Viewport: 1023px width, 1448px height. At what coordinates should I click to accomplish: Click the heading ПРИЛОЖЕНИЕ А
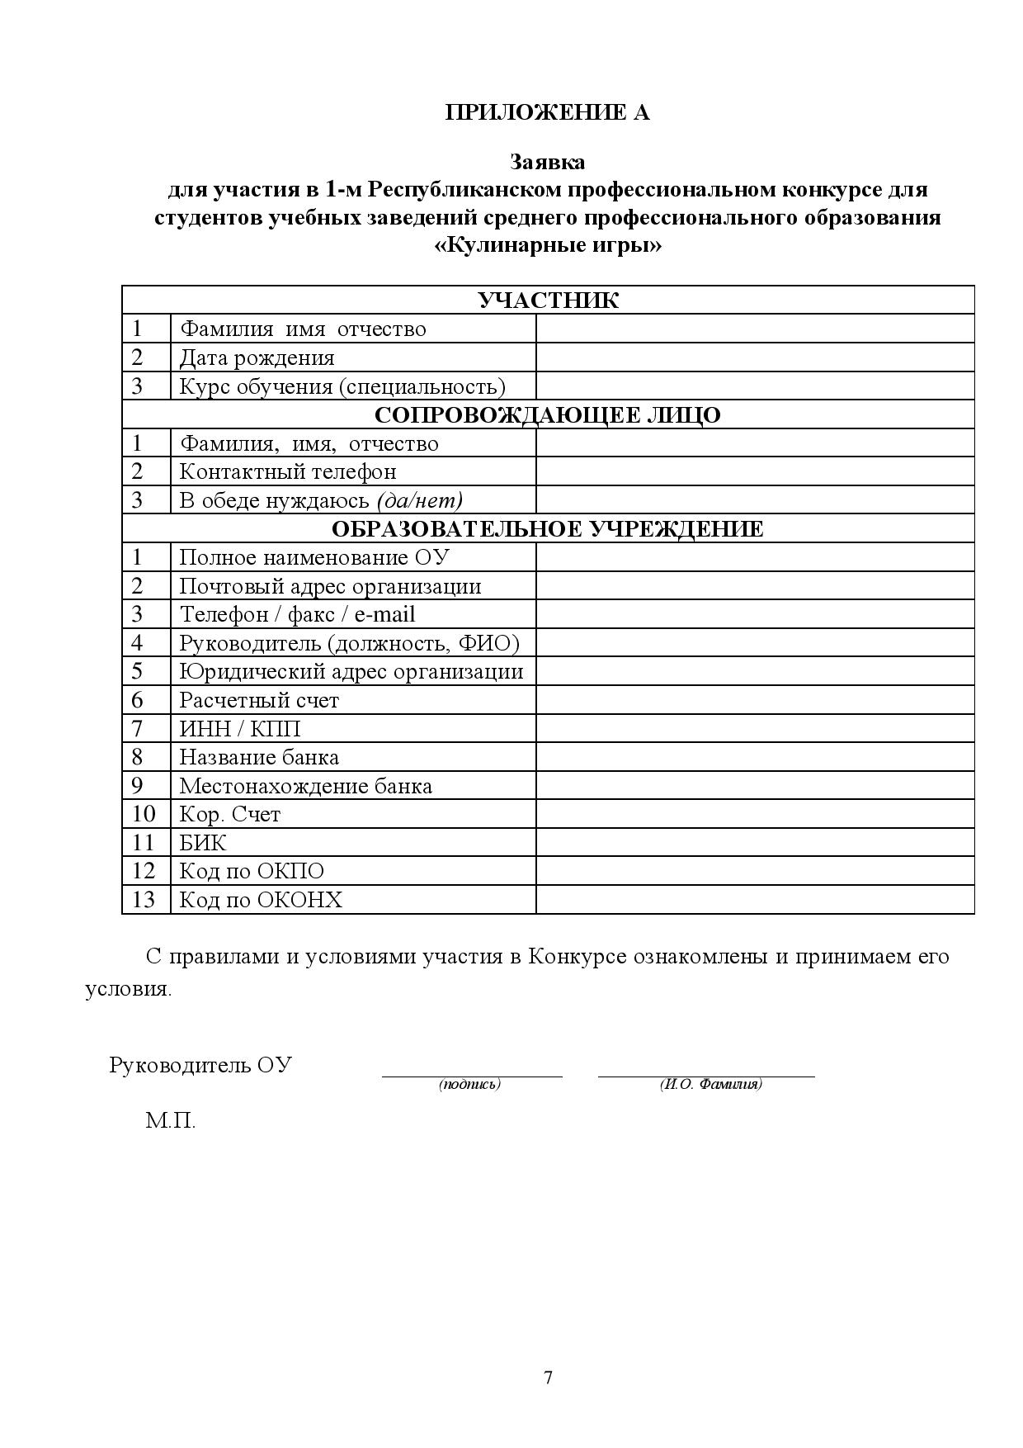point(547,112)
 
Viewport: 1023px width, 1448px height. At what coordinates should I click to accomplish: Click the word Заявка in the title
point(547,161)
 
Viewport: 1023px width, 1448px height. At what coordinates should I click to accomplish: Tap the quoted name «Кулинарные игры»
point(547,246)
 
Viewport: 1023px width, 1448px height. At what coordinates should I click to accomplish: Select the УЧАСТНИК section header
point(548,300)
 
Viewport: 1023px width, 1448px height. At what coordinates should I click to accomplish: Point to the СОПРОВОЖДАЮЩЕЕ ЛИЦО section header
point(548,414)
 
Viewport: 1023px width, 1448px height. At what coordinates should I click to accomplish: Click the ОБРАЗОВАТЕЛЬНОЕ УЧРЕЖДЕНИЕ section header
point(548,528)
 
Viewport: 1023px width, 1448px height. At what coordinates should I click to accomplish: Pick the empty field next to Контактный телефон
point(754,471)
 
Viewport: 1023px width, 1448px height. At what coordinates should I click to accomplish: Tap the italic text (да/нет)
point(419,500)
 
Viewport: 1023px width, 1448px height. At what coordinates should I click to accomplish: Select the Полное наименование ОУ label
point(314,557)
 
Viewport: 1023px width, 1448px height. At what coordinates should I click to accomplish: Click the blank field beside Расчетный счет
point(754,700)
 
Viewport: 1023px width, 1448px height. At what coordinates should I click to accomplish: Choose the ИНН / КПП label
point(240,729)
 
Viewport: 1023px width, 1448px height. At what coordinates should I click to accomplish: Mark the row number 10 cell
point(144,814)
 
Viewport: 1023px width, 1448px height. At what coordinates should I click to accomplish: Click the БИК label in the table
point(203,843)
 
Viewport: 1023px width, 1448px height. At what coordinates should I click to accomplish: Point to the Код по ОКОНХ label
point(261,900)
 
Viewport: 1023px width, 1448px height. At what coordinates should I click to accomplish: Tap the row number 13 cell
point(144,900)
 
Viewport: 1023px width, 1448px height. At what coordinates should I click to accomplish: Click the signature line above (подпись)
point(471,1075)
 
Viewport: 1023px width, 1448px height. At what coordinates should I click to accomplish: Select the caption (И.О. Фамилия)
point(710,1085)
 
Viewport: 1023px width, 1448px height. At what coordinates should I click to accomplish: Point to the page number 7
point(549,1378)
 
